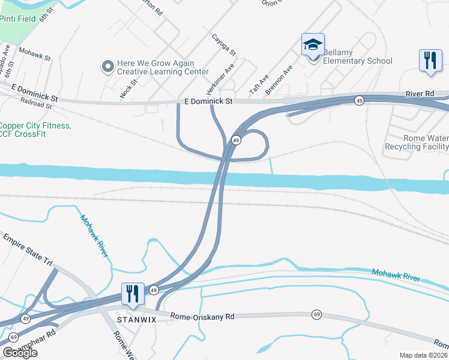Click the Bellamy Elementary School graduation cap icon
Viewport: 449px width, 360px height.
pos(313,45)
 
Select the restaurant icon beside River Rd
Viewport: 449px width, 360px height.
pos(430,61)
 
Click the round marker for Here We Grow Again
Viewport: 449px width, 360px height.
pos(108,67)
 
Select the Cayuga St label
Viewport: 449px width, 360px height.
pos(224,44)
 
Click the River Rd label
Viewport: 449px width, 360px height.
pos(420,94)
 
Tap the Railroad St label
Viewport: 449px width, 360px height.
pos(35,104)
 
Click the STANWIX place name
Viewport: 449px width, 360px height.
pos(136,320)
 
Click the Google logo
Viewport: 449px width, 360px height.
pos(19,353)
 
